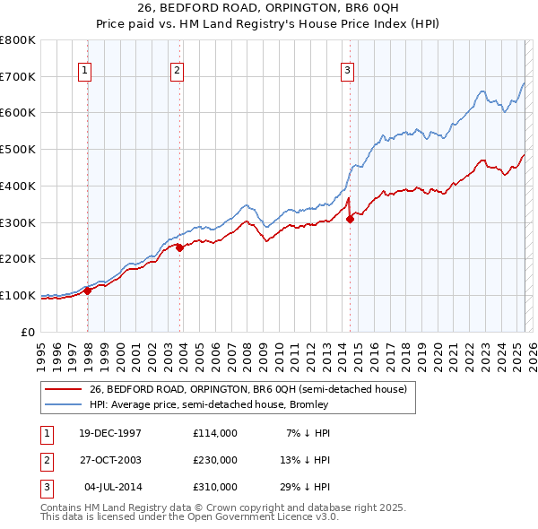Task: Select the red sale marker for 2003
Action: click(180, 247)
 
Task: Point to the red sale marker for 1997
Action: click(88, 291)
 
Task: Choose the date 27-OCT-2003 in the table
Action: click(111, 460)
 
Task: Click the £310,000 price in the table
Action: click(215, 487)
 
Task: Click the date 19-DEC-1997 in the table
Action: click(111, 433)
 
